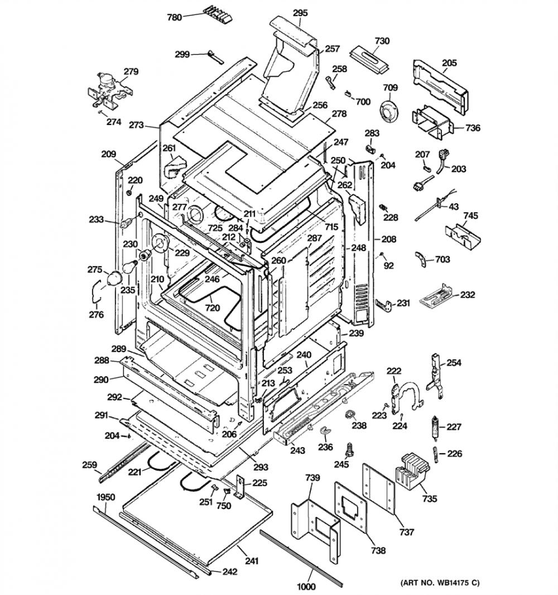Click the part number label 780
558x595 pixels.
[x=175, y=17]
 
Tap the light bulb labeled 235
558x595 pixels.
[x=128, y=267]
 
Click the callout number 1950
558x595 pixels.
[x=106, y=497]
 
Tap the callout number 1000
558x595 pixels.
[x=306, y=586]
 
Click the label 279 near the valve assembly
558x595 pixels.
[x=131, y=71]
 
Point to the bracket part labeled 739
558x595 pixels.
[x=316, y=524]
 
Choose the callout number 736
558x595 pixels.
[x=473, y=128]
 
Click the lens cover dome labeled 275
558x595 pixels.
[x=114, y=279]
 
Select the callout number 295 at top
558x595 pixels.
[x=300, y=13]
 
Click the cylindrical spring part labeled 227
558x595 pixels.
[x=436, y=428]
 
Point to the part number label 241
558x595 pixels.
[x=252, y=561]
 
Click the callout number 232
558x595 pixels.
[x=468, y=295]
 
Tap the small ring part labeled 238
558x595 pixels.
[x=350, y=414]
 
